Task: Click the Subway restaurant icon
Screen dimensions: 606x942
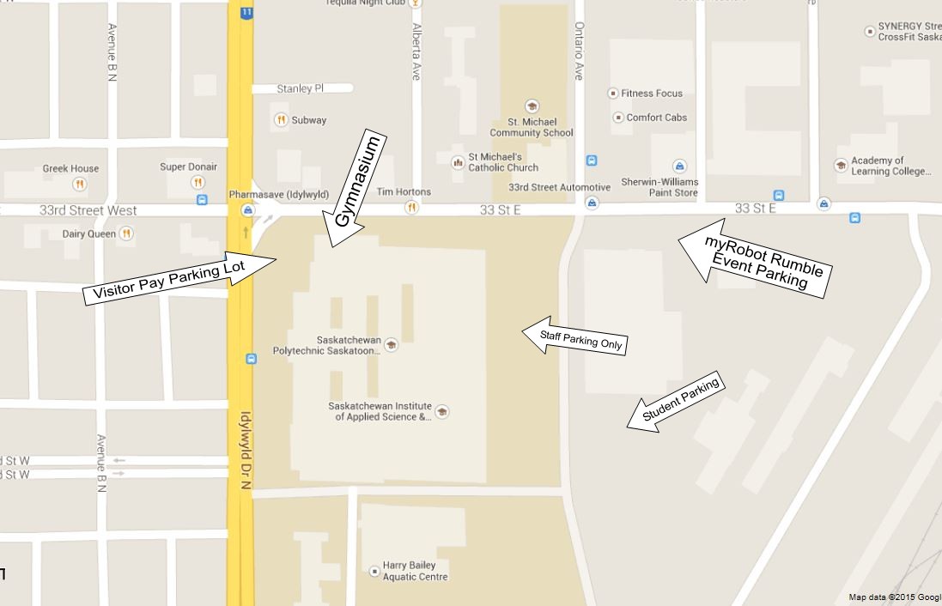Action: pyautogui.click(x=281, y=120)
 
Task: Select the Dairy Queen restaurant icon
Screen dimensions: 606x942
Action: pyautogui.click(x=126, y=233)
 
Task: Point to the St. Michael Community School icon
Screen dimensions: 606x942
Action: pyautogui.click(x=532, y=106)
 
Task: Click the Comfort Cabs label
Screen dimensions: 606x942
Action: pyautogui.click(x=656, y=118)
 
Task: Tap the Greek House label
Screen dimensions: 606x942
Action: pyautogui.click(x=70, y=168)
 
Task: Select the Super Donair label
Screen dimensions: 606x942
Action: pyautogui.click(x=188, y=167)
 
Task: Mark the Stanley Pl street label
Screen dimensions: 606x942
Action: pyautogui.click(x=300, y=88)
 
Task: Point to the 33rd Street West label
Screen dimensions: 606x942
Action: pyautogui.click(x=88, y=210)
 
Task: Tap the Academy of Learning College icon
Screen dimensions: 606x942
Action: pyautogui.click(x=841, y=166)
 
